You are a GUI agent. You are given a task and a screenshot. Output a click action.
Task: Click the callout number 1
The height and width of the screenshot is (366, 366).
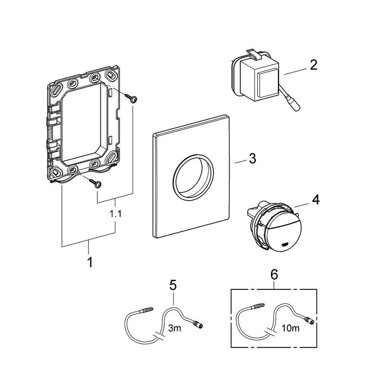(90, 261)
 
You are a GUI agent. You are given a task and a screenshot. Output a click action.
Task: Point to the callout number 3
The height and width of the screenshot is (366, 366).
(252, 158)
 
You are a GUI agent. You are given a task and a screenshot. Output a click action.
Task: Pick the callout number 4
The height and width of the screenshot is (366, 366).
(316, 201)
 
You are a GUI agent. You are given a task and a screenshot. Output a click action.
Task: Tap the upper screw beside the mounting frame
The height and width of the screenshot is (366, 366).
(132, 99)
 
